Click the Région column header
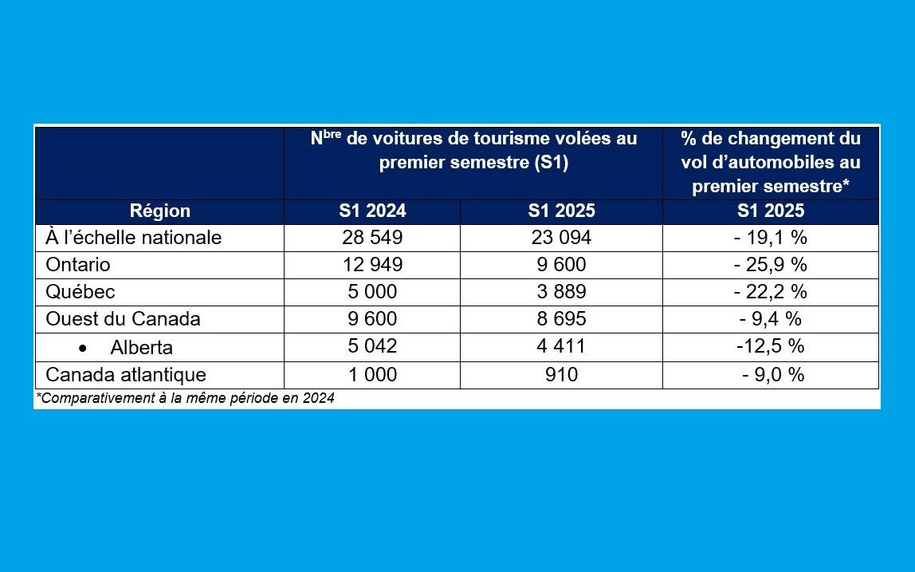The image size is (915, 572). [159, 211]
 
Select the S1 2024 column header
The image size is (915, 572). [371, 211]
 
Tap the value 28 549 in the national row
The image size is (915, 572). [371, 238]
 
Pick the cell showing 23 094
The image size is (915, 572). [560, 238]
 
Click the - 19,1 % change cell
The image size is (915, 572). [770, 238]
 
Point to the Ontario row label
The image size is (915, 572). [78, 265]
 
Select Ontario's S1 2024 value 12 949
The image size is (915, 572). [371, 265]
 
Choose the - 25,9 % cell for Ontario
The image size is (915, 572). [770, 265]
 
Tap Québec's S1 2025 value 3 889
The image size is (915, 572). [560, 292]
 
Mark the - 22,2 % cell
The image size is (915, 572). [770, 292]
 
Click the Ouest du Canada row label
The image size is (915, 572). [123, 319]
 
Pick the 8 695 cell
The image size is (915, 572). [560, 319]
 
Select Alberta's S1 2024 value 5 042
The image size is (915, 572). [371, 347]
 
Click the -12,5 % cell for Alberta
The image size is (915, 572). [770, 347]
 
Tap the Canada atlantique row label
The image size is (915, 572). [126, 375]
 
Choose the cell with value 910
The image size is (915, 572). [560, 375]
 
